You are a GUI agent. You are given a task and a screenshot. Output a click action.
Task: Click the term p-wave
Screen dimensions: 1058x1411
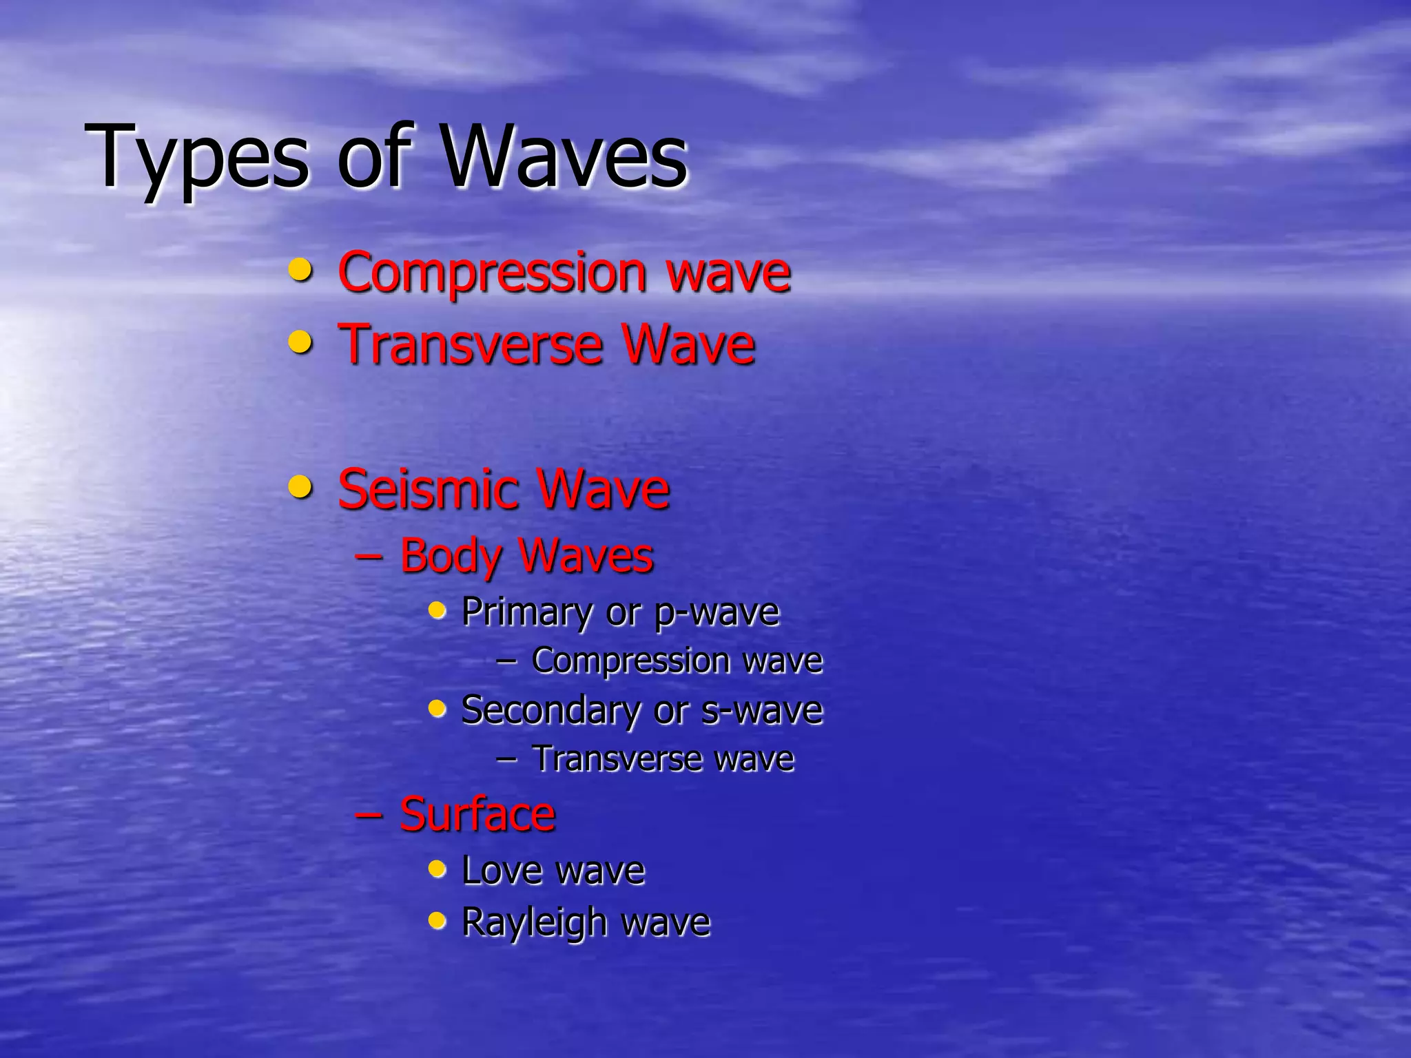click(x=717, y=612)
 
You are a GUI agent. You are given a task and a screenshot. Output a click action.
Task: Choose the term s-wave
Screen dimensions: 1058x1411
click(x=762, y=710)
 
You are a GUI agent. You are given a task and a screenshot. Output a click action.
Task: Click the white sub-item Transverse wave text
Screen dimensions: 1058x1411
click(x=663, y=759)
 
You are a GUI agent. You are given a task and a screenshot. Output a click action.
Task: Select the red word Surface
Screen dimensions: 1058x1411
click(x=477, y=814)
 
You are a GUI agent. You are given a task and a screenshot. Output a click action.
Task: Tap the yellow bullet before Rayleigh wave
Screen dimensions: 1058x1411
click(x=437, y=920)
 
